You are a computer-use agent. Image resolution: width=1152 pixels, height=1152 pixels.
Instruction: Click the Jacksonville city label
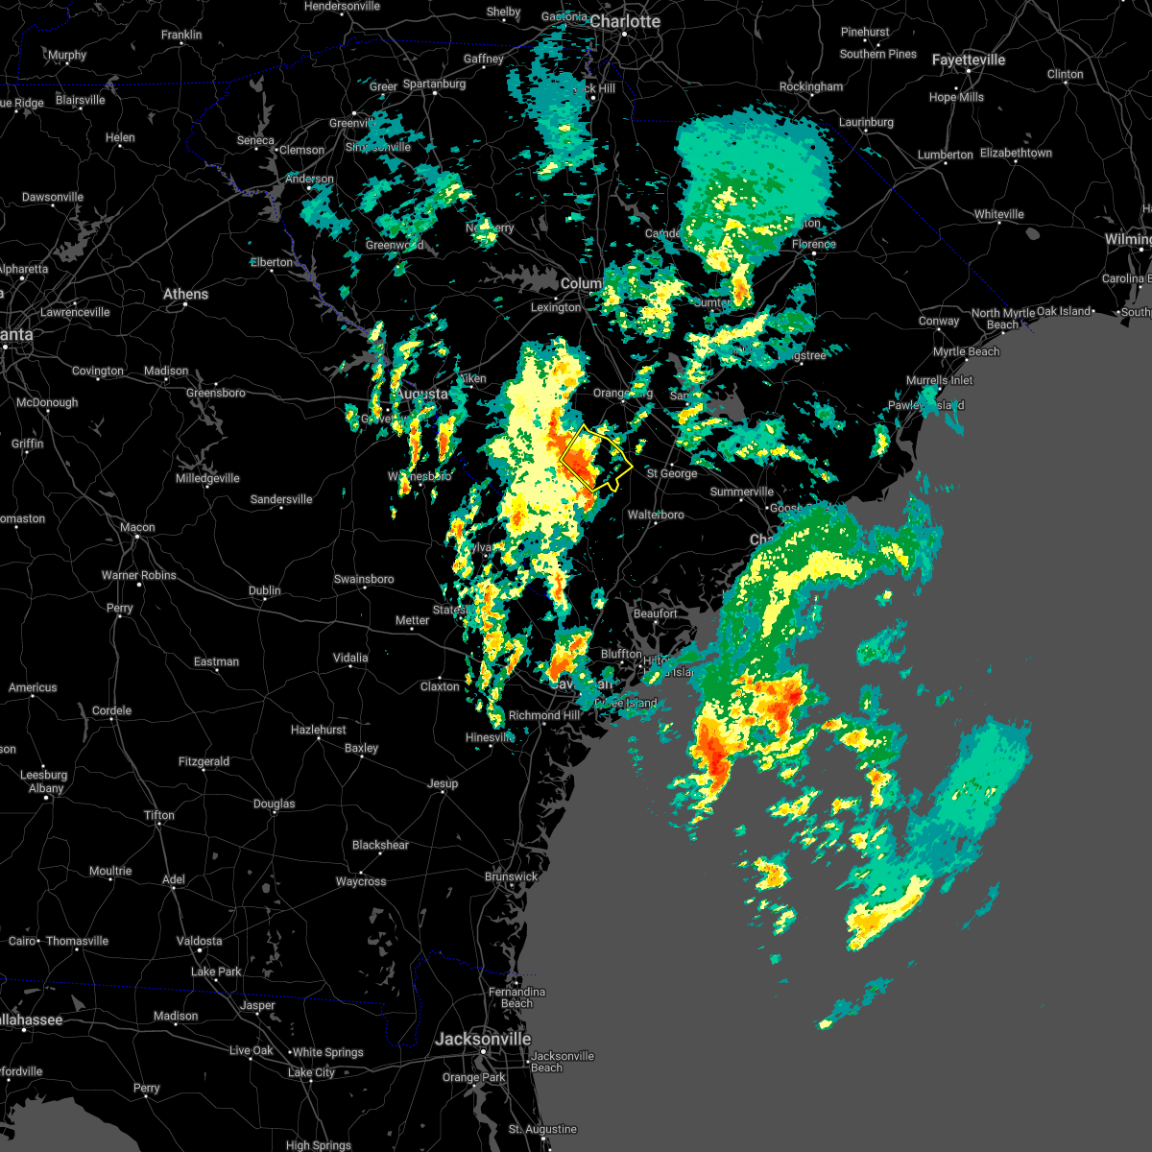(483, 1039)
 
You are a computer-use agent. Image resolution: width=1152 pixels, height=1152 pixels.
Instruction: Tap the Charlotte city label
(625, 21)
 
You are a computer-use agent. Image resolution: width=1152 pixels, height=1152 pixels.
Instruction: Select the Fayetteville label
(969, 60)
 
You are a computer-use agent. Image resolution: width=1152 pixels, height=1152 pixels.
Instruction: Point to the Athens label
(185, 294)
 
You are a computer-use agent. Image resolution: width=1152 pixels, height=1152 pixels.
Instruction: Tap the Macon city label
(137, 527)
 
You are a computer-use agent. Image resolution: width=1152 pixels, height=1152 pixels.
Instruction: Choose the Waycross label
(361, 881)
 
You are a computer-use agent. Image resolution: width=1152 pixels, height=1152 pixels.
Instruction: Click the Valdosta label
(200, 941)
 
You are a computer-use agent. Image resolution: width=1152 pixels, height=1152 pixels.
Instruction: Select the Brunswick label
(511, 876)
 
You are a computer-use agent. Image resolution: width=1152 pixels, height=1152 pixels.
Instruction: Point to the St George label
(672, 473)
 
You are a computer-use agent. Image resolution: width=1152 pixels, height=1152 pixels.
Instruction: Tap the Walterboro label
(656, 515)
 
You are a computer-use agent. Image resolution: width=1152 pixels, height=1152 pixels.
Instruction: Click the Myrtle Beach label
(967, 351)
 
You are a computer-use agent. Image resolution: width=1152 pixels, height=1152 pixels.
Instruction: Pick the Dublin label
(265, 590)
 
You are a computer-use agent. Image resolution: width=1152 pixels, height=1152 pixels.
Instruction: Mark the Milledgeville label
(207, 478)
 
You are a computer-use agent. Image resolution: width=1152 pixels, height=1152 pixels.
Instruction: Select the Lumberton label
(946, 155)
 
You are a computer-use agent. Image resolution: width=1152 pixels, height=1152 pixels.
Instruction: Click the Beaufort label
(656, 613)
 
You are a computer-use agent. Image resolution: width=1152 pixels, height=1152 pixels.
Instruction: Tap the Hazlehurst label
(319, 730)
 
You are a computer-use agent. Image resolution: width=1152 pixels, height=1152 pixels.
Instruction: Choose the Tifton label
(159, 815)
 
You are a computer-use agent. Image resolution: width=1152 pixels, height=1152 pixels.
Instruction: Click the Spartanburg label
(434, 84)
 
